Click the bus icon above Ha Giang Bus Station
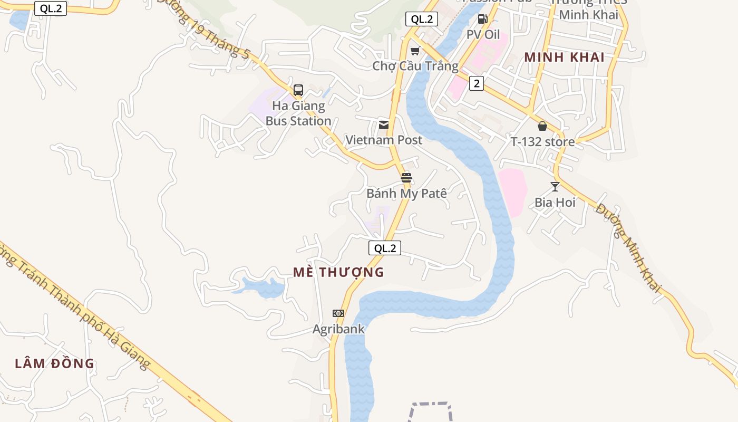point(298,90)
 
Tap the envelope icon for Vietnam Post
point(384,125)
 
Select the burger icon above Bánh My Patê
point(406,178)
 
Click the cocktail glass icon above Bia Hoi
point(555,187)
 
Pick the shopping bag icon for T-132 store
point(542,127)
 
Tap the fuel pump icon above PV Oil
point(482,20)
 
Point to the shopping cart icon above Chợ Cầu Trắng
point(415,51)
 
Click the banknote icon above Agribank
point(338,313)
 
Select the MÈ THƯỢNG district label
point(338,272)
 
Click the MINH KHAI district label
point(565,57)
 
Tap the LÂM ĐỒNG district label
point(54,363)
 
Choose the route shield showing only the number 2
point(477,83)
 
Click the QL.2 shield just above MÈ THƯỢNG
point(385,248)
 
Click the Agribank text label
point(338,329)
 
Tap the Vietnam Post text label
point(384,140)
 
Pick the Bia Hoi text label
point(555,203)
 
